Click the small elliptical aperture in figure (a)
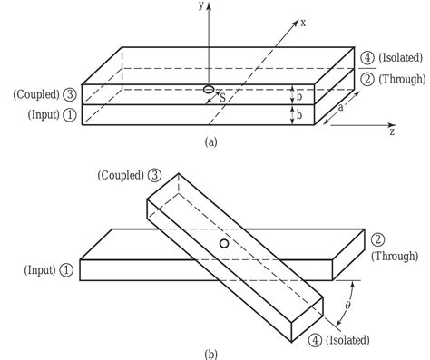[208, 89]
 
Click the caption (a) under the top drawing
[210, 141]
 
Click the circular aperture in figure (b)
[223, 245]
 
